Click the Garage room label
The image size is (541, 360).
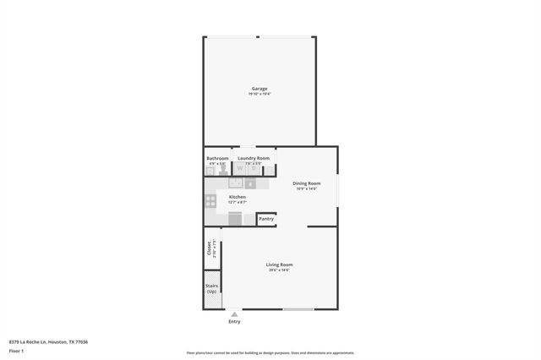[x=260, y=88]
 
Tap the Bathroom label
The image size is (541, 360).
[x=217, y=158]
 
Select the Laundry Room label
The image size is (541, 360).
[x=254, y=158]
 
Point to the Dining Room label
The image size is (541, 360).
[x=306, y=183]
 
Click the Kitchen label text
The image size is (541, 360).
[x=237, y=197]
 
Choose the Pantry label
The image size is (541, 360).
[x=266, y=219]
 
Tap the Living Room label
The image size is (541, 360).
[x=280, y=265]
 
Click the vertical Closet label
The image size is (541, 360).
[x=210, y=248]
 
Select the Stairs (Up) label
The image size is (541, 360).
[x=211, y=288]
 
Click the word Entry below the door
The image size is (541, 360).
[x=234, y=322]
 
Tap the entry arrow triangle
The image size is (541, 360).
[x=234, y=314]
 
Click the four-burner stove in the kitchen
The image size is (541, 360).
[x=210, y=201]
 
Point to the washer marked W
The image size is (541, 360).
[x=240, y=168]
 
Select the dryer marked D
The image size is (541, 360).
[x=254, y=168]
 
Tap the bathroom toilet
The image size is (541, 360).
[x=223, y=169]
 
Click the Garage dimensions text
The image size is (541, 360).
[x=260, y=94]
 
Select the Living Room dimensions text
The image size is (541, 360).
[x=280, y=270]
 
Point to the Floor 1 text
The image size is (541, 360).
[x=16, y=350]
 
